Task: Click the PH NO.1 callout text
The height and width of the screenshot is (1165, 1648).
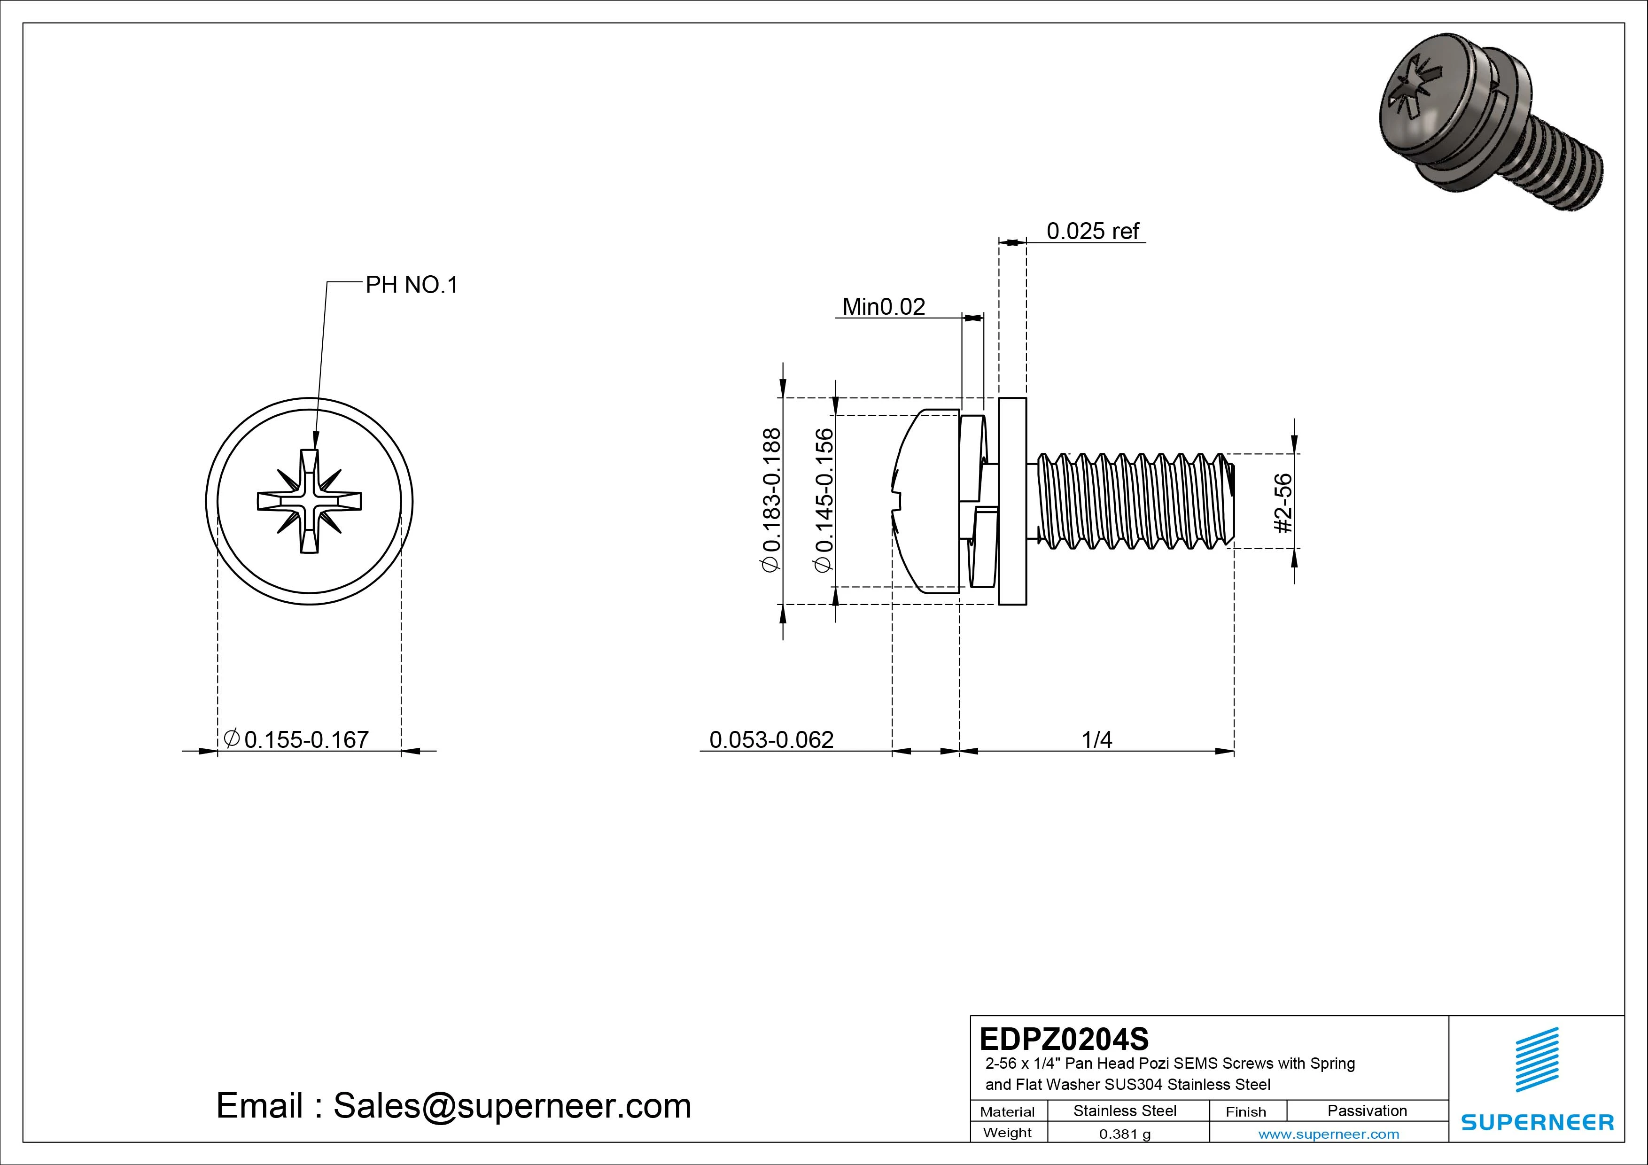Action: [411, 285]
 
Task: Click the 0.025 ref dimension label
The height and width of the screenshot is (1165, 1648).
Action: [1092, 231]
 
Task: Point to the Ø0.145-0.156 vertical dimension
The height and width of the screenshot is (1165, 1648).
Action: [824, 500]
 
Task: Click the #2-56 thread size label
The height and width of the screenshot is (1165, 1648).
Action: [1283, 503]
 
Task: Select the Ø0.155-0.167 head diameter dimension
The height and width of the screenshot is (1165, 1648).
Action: [297, 739]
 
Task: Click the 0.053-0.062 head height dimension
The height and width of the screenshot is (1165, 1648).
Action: [771, 739]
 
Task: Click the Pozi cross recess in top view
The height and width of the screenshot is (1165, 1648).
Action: [310, 501]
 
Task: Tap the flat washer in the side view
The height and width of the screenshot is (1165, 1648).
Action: [1012, 501]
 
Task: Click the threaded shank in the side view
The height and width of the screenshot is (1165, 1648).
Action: [1134, 501]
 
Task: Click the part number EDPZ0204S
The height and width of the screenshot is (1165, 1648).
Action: [1064, 1039]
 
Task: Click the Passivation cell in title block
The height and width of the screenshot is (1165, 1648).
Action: [1367, 1111]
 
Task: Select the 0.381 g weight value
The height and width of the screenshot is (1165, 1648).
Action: [1125, 1134]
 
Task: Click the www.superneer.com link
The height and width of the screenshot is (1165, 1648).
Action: [1329, 1134]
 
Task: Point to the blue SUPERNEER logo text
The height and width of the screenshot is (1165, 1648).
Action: [1537, 1122]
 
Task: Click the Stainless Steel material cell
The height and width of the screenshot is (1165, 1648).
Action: [1125, 1111]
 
